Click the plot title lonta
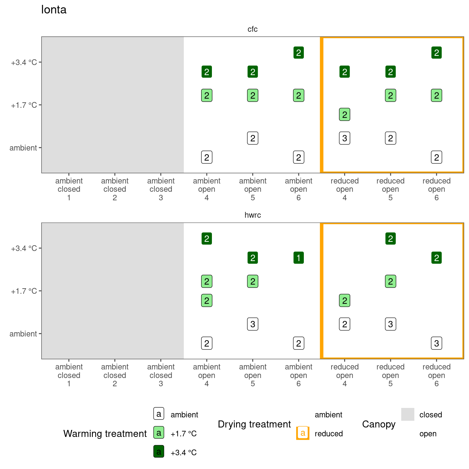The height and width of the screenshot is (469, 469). point(54,10)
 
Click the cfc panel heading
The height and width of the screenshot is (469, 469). point(253,29)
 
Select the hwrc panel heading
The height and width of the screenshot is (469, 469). point(253,215)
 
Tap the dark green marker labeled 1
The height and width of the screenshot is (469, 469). point(299,258)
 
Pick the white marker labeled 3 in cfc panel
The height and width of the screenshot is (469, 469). point(345,138)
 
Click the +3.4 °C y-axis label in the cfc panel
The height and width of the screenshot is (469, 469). point(24,63)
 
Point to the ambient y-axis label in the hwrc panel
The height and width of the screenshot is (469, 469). point(23,334)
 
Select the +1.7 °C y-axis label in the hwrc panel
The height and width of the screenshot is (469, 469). point(24,291)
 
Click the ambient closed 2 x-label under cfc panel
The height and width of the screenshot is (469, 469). point(115,189)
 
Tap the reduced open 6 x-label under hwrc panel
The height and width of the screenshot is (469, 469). point(436,375)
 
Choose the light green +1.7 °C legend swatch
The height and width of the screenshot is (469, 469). point(159,433)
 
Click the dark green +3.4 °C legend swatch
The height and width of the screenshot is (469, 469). point(159,452)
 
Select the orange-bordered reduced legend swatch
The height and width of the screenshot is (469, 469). point(303,433)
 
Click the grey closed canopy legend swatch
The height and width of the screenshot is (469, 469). point(408,414)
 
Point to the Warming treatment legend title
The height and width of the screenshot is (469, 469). point(105,434)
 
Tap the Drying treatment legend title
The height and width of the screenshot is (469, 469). point(254,424)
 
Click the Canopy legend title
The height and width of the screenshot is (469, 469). point(379,424)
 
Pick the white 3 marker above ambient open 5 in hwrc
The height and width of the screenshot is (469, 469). point(253,324)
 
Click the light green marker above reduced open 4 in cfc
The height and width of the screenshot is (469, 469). point(345,115)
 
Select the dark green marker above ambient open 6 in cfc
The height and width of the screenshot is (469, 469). point(299,53)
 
